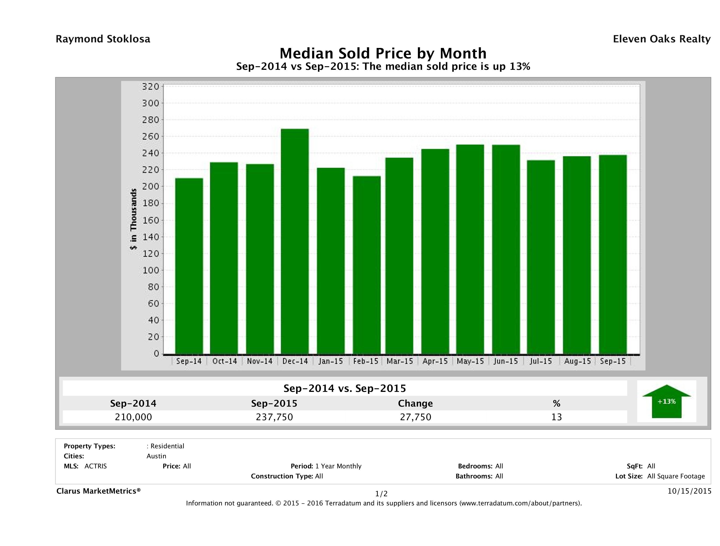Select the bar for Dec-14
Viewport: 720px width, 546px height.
(x=295, y=241)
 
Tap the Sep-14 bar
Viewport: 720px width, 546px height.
(x=189, y=266)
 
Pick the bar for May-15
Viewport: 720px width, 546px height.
(x=470, y=249)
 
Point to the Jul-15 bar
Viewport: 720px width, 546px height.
(x=541, y=257)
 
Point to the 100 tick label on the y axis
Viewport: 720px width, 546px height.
(x=150, y=270)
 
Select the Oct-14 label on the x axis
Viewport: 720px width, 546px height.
(x=225, y=361)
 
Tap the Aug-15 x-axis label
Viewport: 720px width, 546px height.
(x=577, y=361)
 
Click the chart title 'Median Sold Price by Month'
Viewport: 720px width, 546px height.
(x=383, y=53)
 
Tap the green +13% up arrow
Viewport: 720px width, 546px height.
(x=666, y=401)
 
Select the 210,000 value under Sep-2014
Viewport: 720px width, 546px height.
(x=133, y=417)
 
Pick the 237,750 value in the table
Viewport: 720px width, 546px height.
(x=274, y=417)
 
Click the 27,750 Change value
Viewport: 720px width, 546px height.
(x=415, y=417)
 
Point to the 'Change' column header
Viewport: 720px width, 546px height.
(x=415, y=403)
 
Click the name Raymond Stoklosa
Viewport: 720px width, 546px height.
(x=103, y=39)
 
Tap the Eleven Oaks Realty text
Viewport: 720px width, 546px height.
(x=661, y=39)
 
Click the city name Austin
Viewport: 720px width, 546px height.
(x=156, y=456)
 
